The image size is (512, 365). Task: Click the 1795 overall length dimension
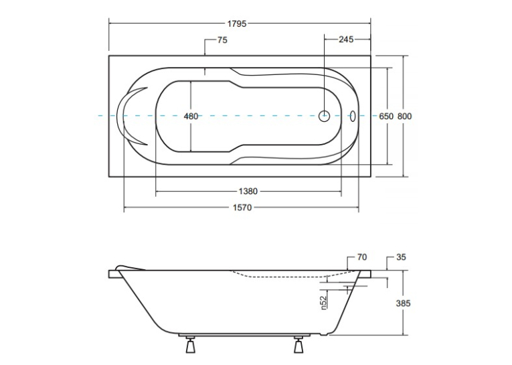point(237,24)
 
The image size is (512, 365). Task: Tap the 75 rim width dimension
point(222,40)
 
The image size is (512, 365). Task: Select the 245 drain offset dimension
point(346,40)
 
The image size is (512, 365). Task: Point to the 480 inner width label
point(191,117)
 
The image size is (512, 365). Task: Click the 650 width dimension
point(386,117)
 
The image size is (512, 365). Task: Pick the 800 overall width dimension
point(404,117)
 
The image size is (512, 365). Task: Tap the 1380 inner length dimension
point(248,191)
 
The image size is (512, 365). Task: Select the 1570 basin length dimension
point(242,208)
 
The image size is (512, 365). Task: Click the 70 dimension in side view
point(362,257)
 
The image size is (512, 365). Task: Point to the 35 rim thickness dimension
point(401,257)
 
